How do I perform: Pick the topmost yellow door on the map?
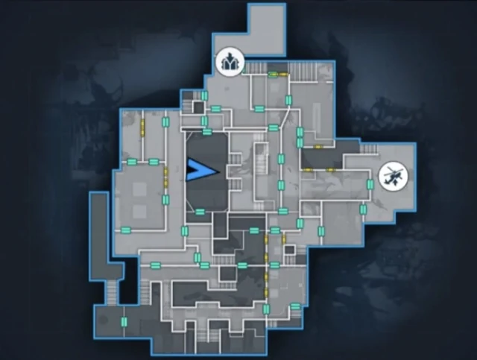point(274,74)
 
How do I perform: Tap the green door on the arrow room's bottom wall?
point(200,212)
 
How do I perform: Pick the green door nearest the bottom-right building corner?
point(296,306)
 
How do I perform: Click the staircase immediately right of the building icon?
point(256,69)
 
